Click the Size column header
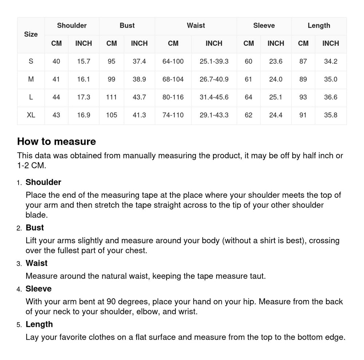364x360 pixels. tap(31, 35)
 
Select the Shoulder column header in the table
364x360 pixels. tap(72, 25)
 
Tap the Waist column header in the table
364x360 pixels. tap(196, 25)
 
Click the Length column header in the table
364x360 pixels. tap(319, 25)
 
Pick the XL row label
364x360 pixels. tap(31, 115)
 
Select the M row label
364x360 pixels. tap(31, 79)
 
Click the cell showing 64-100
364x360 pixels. tap(173, 61)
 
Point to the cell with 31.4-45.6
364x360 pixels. tap(214, 97)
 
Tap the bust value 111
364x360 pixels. tap(111, 97)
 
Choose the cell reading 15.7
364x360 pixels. tap(83, 61)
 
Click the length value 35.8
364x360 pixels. tap(331, 115)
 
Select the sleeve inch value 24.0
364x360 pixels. tap(276, 79)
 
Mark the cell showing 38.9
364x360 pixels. tap(139, 79)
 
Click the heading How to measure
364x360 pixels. tap(56, 141)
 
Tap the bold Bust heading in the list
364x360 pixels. tap(35, 228)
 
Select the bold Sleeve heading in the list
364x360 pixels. tap(39, 289)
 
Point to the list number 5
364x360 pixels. tap(19, 325)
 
